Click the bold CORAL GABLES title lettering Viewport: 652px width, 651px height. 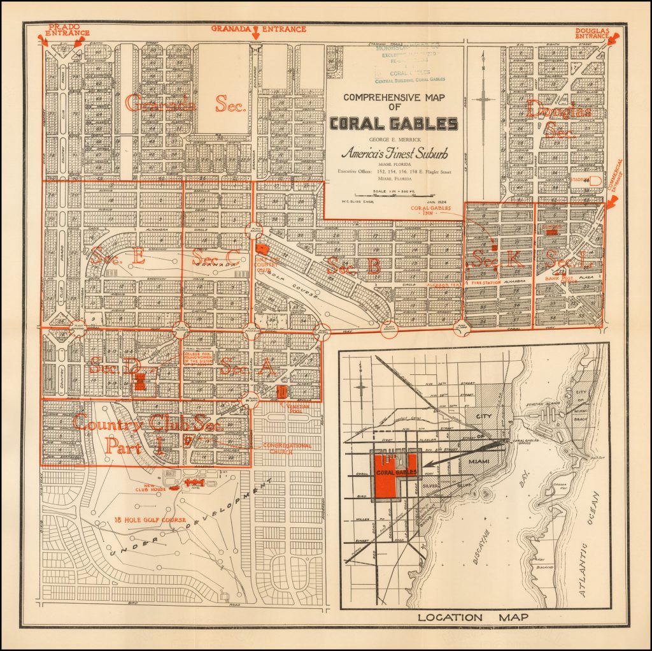393,124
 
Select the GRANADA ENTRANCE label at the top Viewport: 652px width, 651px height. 259,29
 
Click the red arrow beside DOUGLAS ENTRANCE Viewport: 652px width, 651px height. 614,40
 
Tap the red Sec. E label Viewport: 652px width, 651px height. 117,257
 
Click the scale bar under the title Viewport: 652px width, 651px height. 388,196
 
